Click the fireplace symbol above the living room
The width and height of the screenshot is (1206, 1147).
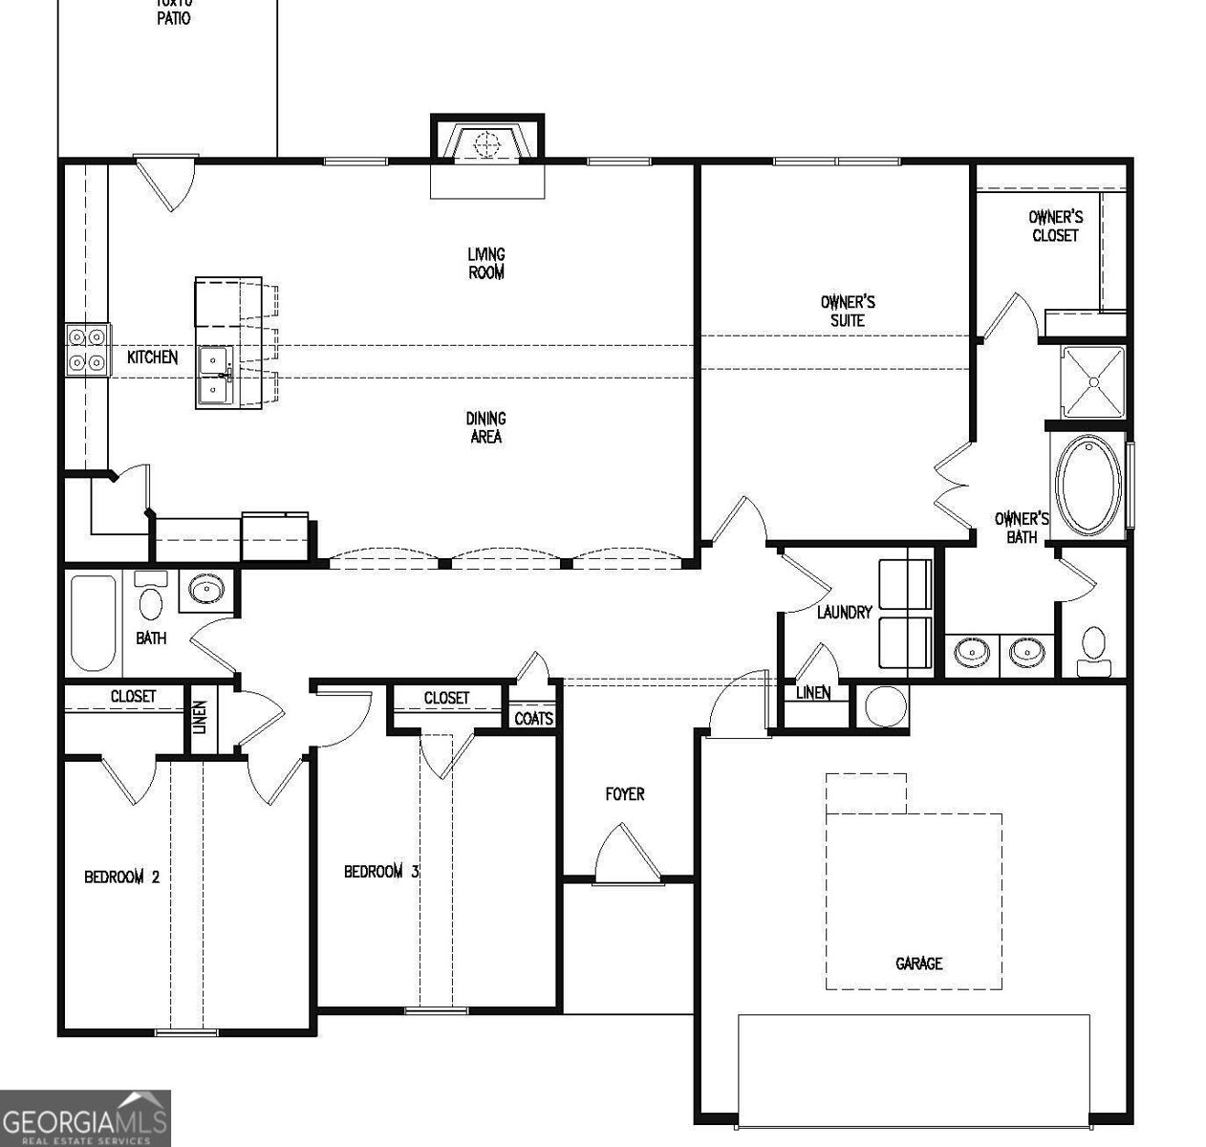(487, 144)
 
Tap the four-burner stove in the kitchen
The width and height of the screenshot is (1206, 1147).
(86, 350)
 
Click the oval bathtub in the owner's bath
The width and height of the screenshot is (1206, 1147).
(1088, 486)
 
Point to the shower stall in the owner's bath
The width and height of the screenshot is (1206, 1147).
(1091, 381)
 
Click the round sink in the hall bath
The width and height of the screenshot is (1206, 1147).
(205, 590)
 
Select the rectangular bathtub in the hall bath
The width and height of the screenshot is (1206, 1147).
(94, 622)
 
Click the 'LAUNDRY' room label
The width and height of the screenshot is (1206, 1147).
(844, 612)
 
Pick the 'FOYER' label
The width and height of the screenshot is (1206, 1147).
(625, 794)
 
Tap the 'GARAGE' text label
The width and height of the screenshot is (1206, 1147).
(918, 963)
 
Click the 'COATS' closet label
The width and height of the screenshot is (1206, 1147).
(533, 718)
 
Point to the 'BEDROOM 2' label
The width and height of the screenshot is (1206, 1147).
(121, 876)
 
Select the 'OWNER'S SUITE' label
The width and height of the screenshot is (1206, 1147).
(847, 312)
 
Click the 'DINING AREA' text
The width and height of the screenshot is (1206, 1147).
(485, 427)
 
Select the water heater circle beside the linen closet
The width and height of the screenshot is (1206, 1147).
(885, 708)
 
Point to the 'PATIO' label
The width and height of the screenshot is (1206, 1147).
(173, 17)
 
